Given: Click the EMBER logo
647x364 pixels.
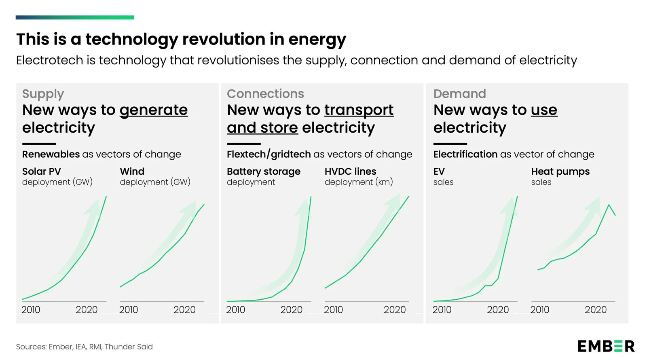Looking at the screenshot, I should pos(606,346).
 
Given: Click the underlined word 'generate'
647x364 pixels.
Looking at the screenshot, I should pos(154,110).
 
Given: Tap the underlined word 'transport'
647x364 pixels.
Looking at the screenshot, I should pos(359,110).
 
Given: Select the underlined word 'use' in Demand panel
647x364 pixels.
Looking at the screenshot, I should pos(544,110).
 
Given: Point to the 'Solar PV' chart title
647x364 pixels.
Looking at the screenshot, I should pos(41,171).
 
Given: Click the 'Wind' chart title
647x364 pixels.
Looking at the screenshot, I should pos(132,171).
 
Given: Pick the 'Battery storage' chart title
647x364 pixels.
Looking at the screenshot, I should pos(264,171).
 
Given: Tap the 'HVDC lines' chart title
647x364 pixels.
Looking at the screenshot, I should pos(350,171).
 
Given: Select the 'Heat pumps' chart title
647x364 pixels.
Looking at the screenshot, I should pos(560,171).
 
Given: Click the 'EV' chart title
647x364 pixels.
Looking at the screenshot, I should pos(439,171).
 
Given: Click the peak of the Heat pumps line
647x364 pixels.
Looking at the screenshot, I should pos(609,205).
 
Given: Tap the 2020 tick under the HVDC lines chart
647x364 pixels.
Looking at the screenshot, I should pos(394,310).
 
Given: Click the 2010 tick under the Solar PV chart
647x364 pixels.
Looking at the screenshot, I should pos(31,310).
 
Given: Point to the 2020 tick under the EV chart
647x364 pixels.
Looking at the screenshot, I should pos(498,310).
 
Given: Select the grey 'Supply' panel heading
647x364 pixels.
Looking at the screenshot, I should pos(43,94).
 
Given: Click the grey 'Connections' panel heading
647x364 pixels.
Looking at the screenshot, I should pos(265,94).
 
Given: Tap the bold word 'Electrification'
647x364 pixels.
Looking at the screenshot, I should pos(465,154).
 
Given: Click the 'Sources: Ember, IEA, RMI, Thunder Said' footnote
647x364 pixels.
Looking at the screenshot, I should pos(84,347).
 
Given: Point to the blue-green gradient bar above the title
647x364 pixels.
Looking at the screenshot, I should pos(75,17).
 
